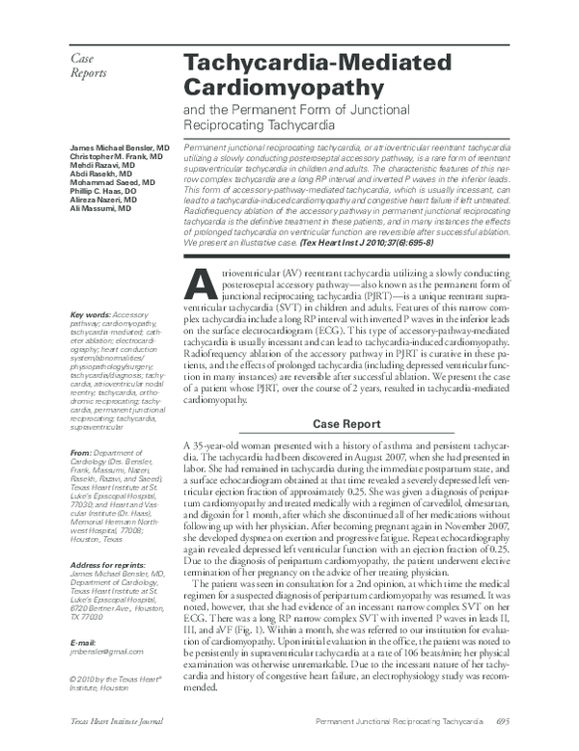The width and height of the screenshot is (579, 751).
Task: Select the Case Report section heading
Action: click(x=356, y=425)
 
